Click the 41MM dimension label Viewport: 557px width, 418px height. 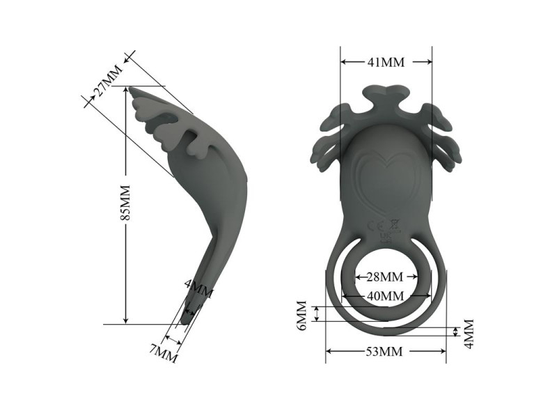point(386,62)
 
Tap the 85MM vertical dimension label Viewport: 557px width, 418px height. point(125,203)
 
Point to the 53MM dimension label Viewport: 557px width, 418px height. point(384,352)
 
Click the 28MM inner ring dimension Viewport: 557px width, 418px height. point(385,277)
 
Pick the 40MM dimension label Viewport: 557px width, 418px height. point(385,295)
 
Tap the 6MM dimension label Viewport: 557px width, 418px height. point(301,316)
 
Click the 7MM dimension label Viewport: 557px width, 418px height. point(163,354)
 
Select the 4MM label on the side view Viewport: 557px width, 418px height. point(199,288)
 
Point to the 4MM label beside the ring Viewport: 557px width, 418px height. point(469,334)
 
